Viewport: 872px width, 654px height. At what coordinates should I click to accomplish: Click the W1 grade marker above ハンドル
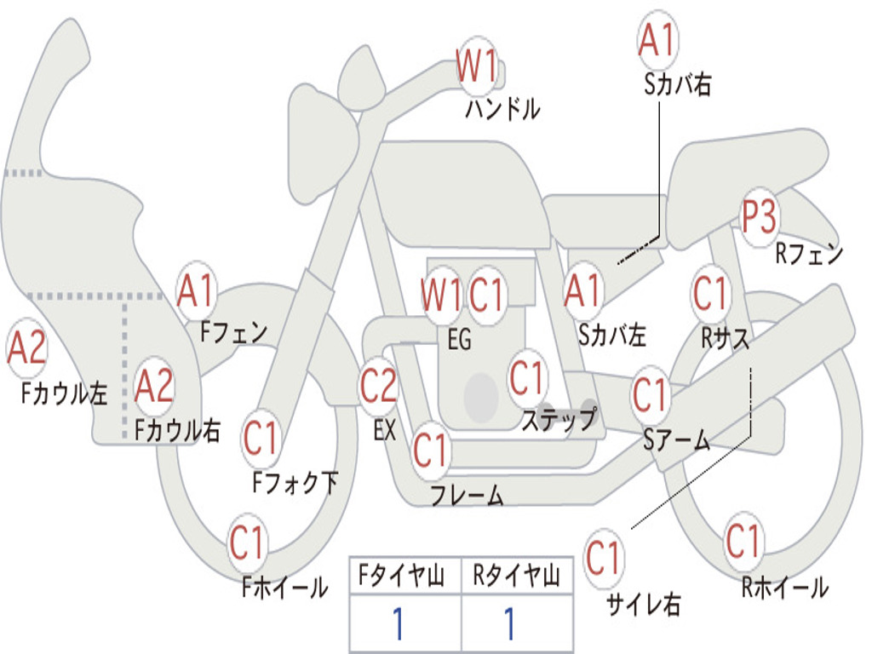pyautogui.click(x=477, y=65)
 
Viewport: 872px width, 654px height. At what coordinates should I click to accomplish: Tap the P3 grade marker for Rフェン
pyautogui.click(x=759, y=217)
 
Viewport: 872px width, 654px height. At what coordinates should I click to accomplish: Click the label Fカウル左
pyautogui.click(x=66, y=393)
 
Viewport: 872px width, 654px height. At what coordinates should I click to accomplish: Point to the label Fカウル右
pyautogui.click(x=177, y=430)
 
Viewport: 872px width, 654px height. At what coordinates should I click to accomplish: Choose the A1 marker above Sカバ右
pyautogui.click(x=657, y=40)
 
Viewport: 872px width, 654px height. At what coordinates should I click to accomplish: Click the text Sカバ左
pyautogui.click(x=611, y=336)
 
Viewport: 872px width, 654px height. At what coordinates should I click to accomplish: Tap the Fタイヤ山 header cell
pyautogui.click(x=405, y=578)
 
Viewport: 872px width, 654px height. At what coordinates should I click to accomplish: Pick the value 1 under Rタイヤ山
pyautogui.click(x=509, y=624)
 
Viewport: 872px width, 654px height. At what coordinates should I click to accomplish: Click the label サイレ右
pyautogui.click(x=644, y=605)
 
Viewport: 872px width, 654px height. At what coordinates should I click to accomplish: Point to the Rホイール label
pyautogui.click(x=784, y=587)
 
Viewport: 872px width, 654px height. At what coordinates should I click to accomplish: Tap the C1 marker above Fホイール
pyautogui.click(x=248, y=542)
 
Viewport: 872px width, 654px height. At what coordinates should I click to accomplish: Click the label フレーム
pyautogui.click(x=467, y=495)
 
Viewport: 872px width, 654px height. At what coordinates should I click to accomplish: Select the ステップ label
pyautogui.click(x=559, y=420)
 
